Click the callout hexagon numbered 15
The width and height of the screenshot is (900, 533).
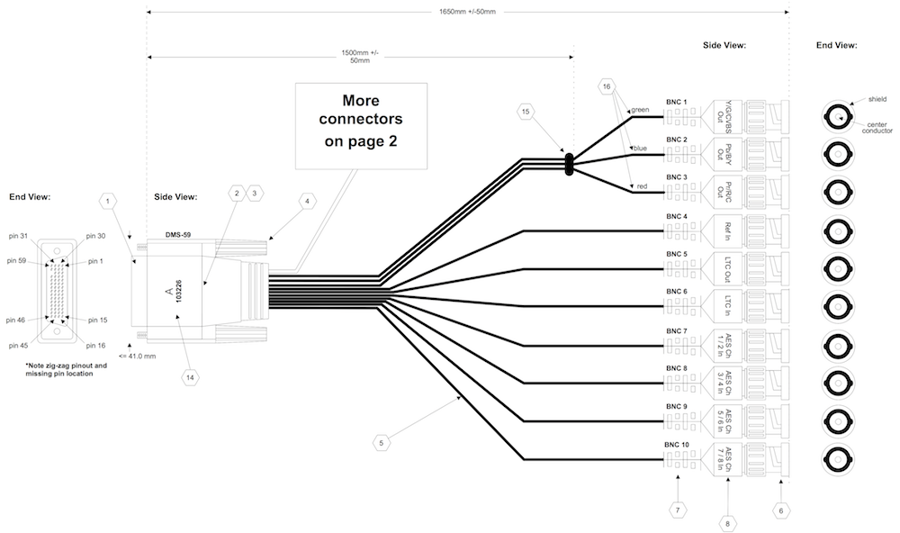(x=526, y=112)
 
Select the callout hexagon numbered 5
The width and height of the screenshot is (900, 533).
(x=382, y=442)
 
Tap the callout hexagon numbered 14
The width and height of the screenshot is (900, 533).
(x=190, y=377)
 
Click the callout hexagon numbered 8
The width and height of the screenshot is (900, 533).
(x=728, y=521)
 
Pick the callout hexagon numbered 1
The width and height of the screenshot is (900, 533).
(x=108, y=201)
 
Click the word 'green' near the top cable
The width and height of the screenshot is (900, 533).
(x=640, y=110)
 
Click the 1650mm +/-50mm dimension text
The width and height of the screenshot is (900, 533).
(x=467, y=12)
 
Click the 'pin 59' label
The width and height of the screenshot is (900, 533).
(x=17, y=261)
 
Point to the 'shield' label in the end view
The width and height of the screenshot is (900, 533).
(x=877, y=98)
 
